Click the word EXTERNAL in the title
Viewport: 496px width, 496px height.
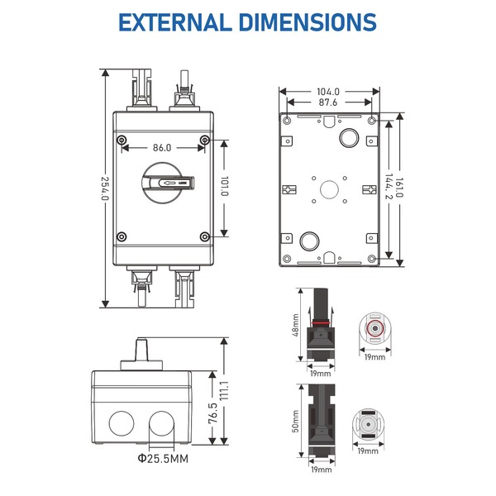pyautogui.click(x=175, y=22)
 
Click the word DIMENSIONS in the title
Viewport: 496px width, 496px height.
pyautogui.click(x=308, y=22)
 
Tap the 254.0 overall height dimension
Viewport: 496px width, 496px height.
pyautogui.click(x=105, y=188)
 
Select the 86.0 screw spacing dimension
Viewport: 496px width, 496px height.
pyautogui.click(x=162, y=148)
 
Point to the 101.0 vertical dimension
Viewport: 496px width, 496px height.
pyautogui.click(x=224, y=186)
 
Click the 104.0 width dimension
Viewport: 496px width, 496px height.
pyautogui.click(x=328, y=92)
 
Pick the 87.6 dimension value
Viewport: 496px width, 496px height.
pyautogui.click(x=328, y=103)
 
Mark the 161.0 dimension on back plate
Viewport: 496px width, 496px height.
pyautogui.click(x=399, y=188)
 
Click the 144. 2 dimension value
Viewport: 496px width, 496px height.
pyautogui.click(x=389, y=186)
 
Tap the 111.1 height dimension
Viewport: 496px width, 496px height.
pyautogui.click(x=224, y=390)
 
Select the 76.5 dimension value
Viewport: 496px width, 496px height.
pyautogui.click(x=212, y=413)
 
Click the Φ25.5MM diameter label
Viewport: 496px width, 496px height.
pyautogui.click(x=163, y=458)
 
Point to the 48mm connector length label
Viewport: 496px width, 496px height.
pyautogui.click(x=295, y=325)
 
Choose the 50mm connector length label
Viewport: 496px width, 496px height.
pyautogui.click(x=295, y=421)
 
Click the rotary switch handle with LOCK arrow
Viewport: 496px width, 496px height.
pyautogui.click(x=168, y=183)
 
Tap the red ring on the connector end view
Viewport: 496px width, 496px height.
pyautogui.click(x=374, y=329)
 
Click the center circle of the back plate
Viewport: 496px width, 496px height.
pyautogui.click(x=329, y=190)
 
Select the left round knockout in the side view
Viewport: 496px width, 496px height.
pyautogui.click(x=122, y=423)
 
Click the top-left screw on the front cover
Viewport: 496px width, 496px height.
pyautogui.click(x=122, y=140)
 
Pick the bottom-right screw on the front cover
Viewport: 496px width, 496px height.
pyautogui.click(x=205, y=236)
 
